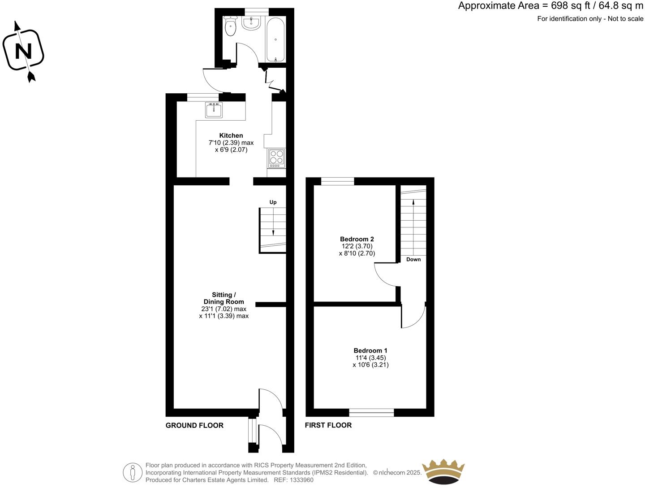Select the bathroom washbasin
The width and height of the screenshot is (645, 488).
coord(251,23)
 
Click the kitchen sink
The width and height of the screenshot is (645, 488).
coord(214,110)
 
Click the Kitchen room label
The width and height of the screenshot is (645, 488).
coord(231,135)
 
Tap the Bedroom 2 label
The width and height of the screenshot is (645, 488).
coord(357,239)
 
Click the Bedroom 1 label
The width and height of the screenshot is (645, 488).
coord(370,351)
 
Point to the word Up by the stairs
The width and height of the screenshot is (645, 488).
coord(273,202)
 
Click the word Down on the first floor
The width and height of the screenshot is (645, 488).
coord(413,260)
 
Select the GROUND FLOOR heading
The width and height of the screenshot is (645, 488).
coord(194,425)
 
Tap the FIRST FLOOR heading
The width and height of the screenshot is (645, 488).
coord(328,425)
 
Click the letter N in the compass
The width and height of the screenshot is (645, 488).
coord(23,52)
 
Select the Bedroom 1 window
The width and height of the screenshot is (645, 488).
coord(371,413)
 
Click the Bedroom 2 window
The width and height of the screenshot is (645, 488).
coord(338,181)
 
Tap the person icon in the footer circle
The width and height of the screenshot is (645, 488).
coord(133,472)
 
